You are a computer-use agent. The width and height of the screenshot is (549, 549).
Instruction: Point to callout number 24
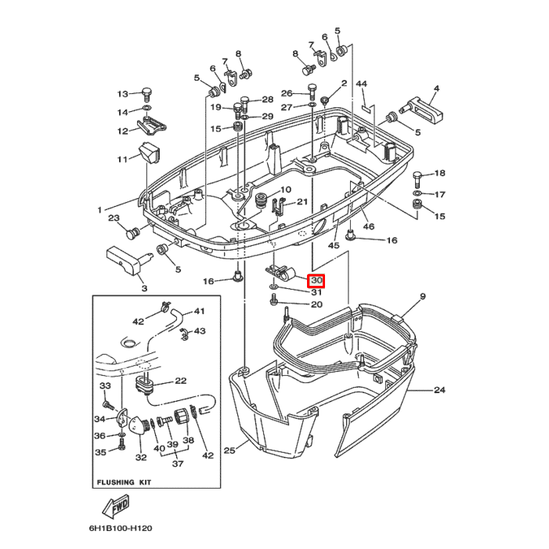coord(439,389)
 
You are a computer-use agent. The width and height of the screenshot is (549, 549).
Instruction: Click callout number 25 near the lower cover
coord(229,450)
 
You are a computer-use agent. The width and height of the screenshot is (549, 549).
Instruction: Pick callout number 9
coord(422,296)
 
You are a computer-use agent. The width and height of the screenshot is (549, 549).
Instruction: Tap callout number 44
coord(361,84)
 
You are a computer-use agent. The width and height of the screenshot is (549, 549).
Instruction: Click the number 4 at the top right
coord(435,88)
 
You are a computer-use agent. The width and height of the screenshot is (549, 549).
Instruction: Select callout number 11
coord(122,160)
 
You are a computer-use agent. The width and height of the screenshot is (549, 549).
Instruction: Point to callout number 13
coord(123,93)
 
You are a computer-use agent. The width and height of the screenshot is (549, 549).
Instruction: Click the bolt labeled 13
coord(147,92)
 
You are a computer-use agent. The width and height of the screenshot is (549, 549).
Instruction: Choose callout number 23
coord(114,219)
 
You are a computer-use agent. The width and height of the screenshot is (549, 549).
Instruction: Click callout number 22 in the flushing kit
coord(180,381)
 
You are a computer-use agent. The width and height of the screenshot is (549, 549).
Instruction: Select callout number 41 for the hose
coord(199,311)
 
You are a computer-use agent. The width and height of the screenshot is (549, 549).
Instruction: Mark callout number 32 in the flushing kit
coord(141,457)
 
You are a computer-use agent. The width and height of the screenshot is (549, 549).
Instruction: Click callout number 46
coord(369,227)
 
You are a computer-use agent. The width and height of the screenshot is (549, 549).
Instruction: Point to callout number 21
coord(302,203)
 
